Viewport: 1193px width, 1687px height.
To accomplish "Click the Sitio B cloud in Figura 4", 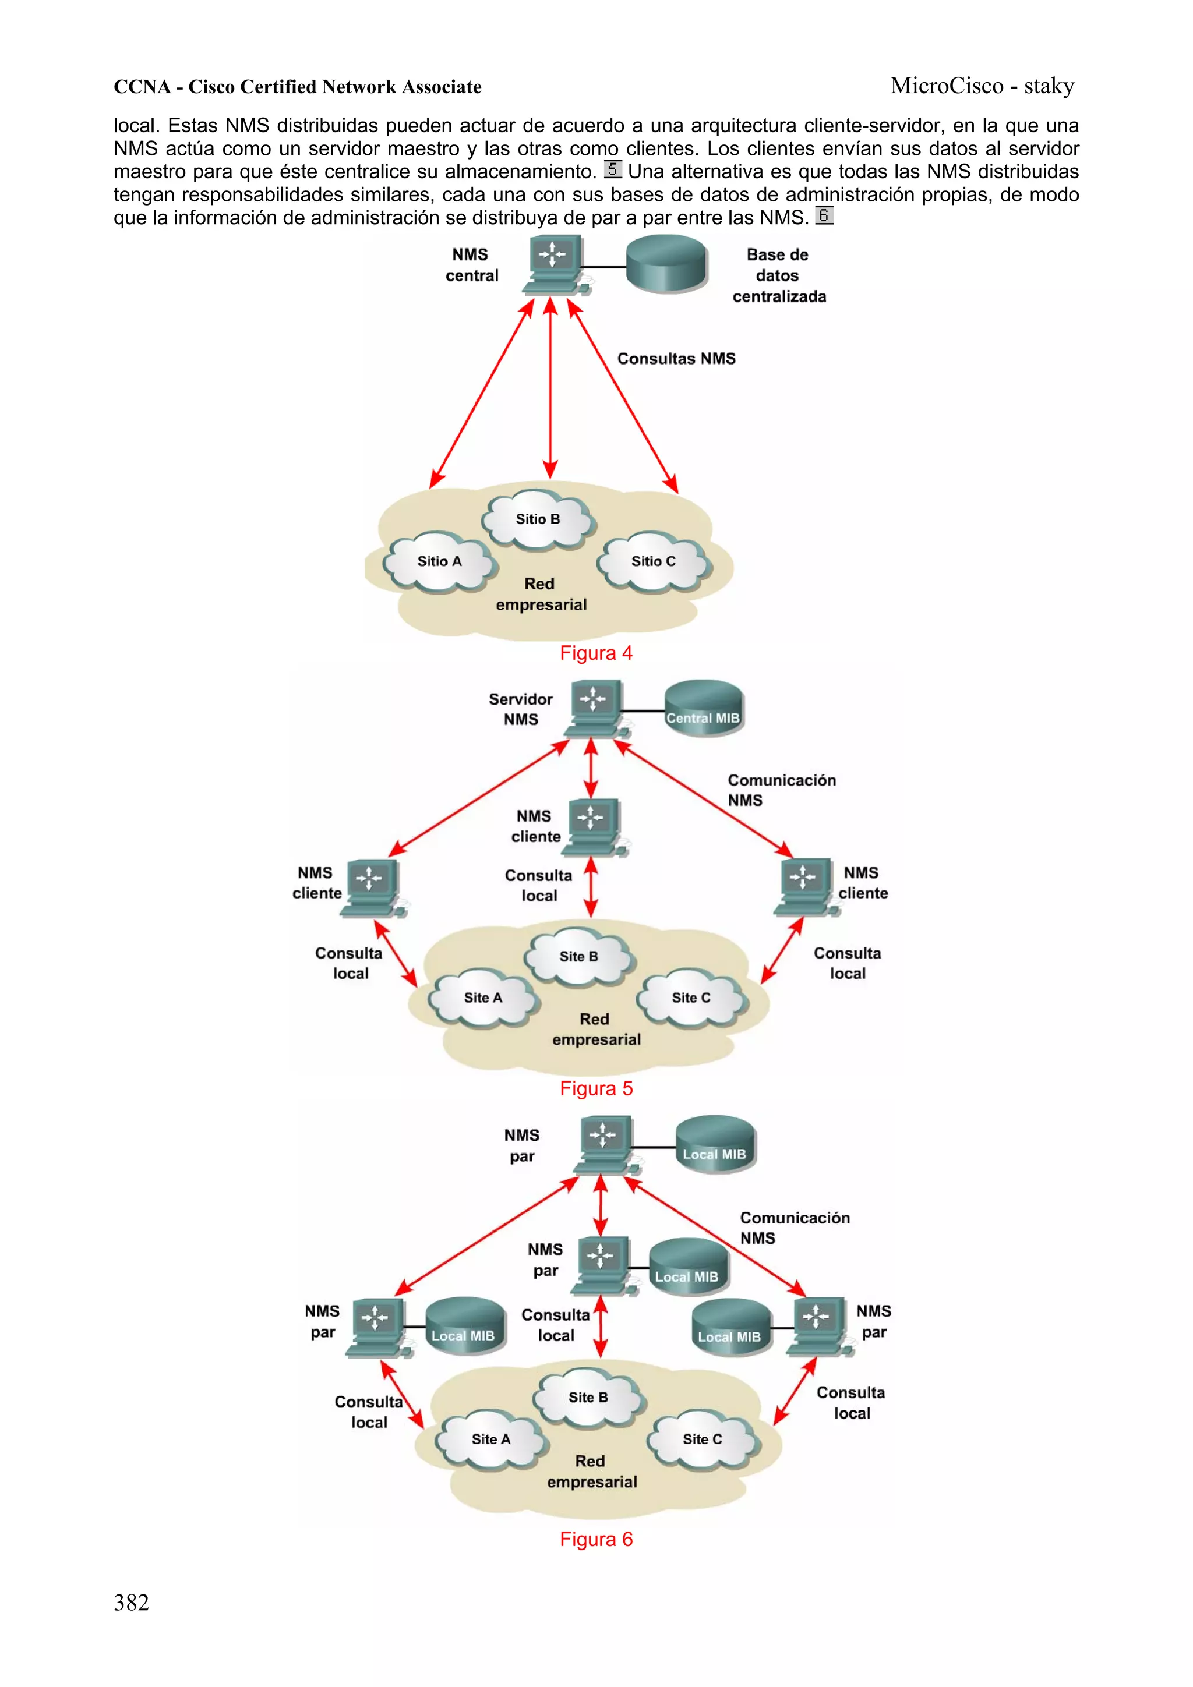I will pyautogui.click(x=538, y=520).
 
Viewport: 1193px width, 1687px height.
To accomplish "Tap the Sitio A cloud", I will pyautogui.click(x=440, y=562).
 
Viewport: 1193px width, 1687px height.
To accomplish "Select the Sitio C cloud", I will pyautogui.click(x=654, y=562).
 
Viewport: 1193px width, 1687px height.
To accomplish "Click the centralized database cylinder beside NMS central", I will pyautogui.click(x=666, y=264).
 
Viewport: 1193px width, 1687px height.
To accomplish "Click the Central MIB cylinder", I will pyautogui.click(x=704, y=709).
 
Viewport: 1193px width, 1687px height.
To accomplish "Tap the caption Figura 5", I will pyautogui.click(x=595, y=1088).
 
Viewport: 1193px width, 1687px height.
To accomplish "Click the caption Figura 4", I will pyautogui.click(x=595, y=652).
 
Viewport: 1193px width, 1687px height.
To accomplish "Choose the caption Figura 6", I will pyautogui.click(x=595, y=1539).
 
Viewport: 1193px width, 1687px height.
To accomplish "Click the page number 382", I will pyautogui.click(x=132, y=1603).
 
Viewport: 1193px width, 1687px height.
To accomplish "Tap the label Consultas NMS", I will pyautogui.click(x=676, y=359).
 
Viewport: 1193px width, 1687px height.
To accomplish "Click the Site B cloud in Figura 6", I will pyautogui.click(x=588, y=1398).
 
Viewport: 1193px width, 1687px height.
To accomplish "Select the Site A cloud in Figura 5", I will pyautogui.click(x=483, y=998).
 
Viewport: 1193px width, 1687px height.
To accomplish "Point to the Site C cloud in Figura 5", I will pyautogui.click(x=691, y=998).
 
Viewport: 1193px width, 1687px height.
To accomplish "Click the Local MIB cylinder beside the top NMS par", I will pyautogui.click(x=715, y=1145).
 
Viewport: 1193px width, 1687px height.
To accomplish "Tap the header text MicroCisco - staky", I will pyautogui.click(x=982, y=86).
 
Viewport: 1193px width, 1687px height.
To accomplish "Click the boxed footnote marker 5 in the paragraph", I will pyautogui.click(x=612, y=169).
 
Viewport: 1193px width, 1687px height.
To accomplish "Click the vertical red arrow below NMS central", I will pyautogui.click(x=550, y=390).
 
